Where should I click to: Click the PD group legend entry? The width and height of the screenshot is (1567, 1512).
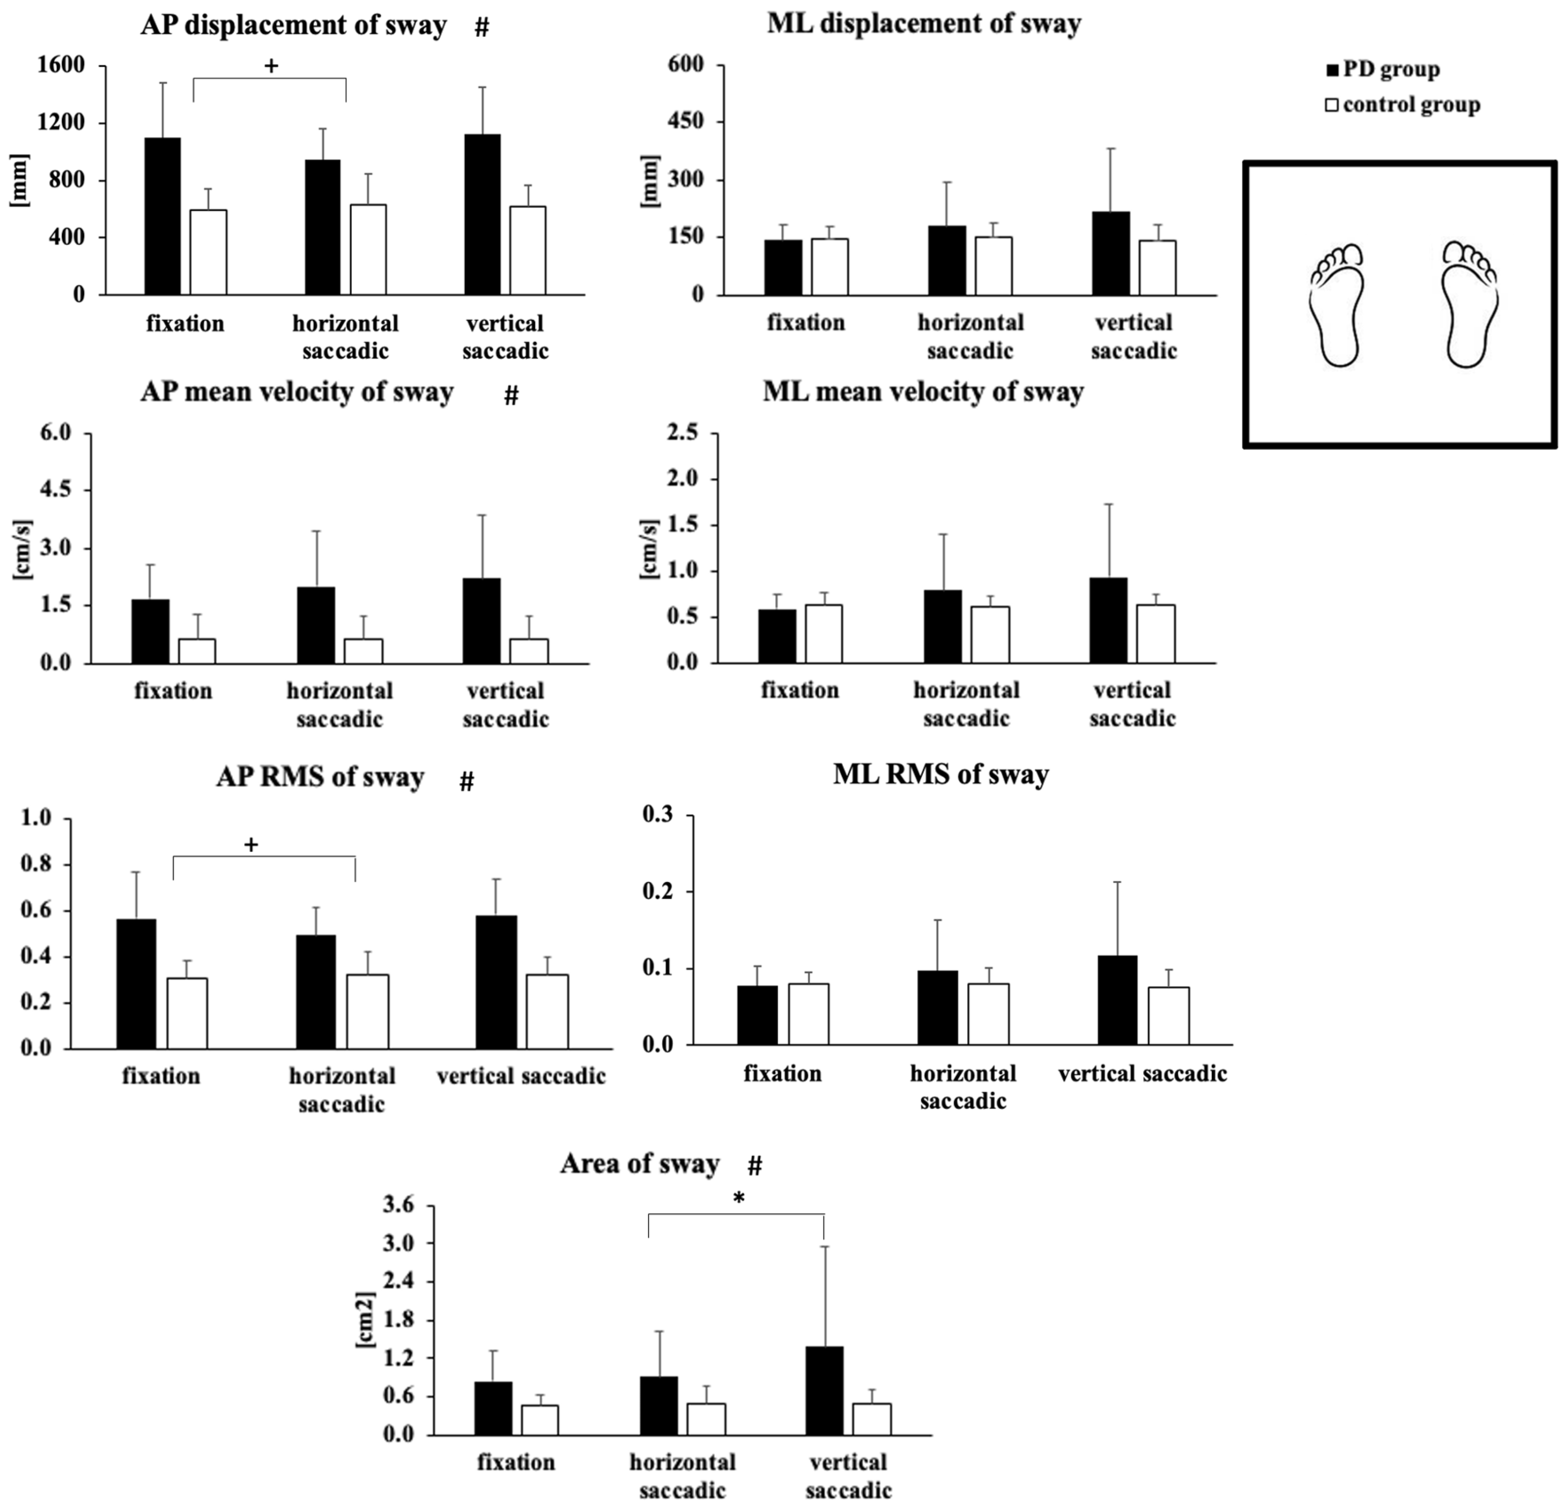pos(1383,70)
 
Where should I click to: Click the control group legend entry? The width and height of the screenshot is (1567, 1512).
pos(1402,105)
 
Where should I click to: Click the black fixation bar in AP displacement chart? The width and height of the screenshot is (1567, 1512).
pos(162,216)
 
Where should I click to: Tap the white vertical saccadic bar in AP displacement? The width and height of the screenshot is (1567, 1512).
pos(528,250)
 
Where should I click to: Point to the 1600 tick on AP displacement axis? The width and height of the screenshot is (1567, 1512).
pos(61,66)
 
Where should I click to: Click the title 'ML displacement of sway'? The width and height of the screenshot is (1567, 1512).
pos(923,24)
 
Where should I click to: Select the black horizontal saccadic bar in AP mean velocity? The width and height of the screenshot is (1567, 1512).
pos(316,625)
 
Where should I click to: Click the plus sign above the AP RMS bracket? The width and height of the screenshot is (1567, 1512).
pos(251,844)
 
